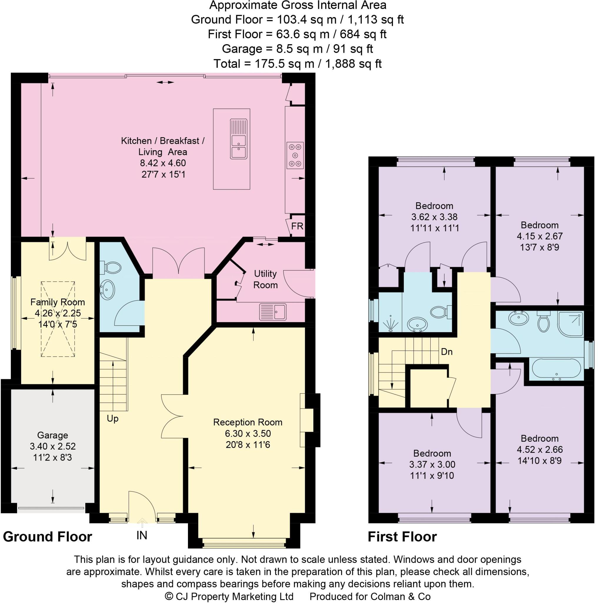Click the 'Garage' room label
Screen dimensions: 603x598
point(52,435)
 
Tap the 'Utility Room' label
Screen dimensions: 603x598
point(265,279)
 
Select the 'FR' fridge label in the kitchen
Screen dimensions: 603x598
point(297,226)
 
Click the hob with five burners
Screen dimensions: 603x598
point(295,155)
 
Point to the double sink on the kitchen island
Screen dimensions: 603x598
point(239,139)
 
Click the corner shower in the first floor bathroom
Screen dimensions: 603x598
point(570,324)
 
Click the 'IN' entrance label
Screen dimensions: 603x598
point(142,536)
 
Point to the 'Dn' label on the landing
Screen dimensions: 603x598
point(447,352)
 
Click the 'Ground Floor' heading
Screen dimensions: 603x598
point(47,537)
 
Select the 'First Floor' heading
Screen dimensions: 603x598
point(402,537)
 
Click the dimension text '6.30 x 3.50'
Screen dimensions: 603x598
point(248,433)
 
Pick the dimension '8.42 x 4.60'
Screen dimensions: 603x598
point(163,163)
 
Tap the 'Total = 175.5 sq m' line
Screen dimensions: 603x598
point(297,64)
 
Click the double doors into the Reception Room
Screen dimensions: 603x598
point(172,416)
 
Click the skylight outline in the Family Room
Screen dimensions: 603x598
point(58,319)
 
